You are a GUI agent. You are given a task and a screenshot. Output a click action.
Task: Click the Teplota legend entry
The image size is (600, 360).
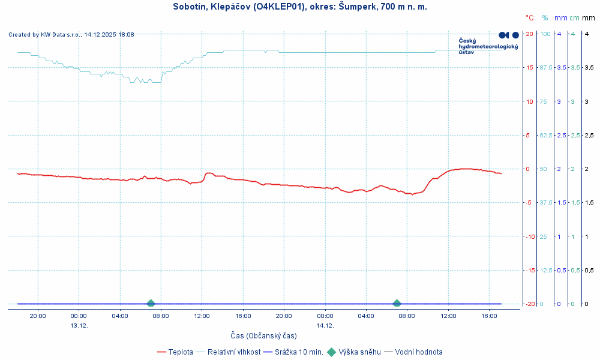pyautogui.click(x=180, y=352)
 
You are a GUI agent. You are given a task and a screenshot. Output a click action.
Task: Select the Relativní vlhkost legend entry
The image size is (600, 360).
pyautogui.click(x=233, y=352)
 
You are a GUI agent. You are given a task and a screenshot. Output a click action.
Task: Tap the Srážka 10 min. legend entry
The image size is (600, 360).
pyautogui.click(x=298, y=352)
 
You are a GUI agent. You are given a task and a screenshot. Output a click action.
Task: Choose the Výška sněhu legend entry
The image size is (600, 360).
pyautogui.click(x=359, y=352)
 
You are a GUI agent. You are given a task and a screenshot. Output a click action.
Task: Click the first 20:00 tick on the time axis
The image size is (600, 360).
pyautogui.click(x=38, y=316)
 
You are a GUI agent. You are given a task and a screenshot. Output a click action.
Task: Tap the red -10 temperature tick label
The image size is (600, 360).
pyautogui.click(x=529, y=236)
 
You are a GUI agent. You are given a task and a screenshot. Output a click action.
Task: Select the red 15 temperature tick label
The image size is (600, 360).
pyautogui.click(x=529, y=67)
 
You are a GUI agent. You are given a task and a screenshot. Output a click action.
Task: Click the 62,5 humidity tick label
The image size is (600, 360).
pyautogui.click(x=546, y=135)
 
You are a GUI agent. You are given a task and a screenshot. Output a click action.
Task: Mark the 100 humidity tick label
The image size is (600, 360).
pyautogui.click(x=545, y=34)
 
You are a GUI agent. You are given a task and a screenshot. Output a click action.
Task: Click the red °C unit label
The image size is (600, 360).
pyautogui.click(x=530, y=18)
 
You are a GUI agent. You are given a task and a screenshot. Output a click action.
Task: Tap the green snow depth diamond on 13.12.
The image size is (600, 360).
pyautogui.click(x=151, y=304)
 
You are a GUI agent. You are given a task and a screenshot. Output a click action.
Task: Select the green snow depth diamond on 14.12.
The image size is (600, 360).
pyautogui.click(x=397, y=304)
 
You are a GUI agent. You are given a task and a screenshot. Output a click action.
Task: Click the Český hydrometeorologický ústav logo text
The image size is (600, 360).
pyautogui.click(x=487, y=46)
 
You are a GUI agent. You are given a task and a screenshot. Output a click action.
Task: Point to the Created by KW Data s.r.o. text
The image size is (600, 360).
pyautogui.click(x=71, y=35)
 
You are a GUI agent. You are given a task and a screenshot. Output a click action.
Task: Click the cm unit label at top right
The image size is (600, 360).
pyautogui.click(x=574, y=18)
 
